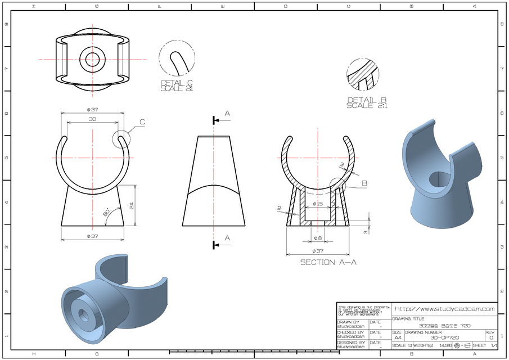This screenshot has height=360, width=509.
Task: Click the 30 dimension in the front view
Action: click(x=92, y=119)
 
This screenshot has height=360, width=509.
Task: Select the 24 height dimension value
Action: click(x=132, y=205)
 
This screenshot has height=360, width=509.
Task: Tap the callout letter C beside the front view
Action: click(x=142, y=121)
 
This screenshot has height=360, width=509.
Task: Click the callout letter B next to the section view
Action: click(x=364, y=183)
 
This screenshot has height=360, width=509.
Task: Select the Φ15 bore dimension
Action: click(x=317, y=204)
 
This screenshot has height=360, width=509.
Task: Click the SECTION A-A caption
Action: click(x=328, y=262)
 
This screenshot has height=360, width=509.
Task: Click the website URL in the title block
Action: click(x=444, y=309)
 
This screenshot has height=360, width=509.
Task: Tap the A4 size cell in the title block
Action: click(x=397, y=337)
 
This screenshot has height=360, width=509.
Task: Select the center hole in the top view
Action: click(x=92, y=58)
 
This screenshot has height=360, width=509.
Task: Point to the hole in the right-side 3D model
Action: click(x=438, y=181)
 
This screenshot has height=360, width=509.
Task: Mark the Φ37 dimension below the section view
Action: click(x=317, y=250)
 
